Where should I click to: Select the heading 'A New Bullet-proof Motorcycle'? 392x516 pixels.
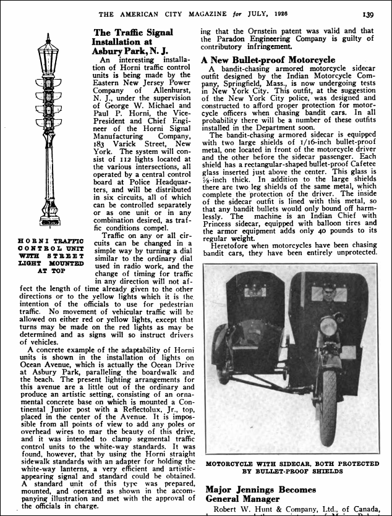coord(268,60)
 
